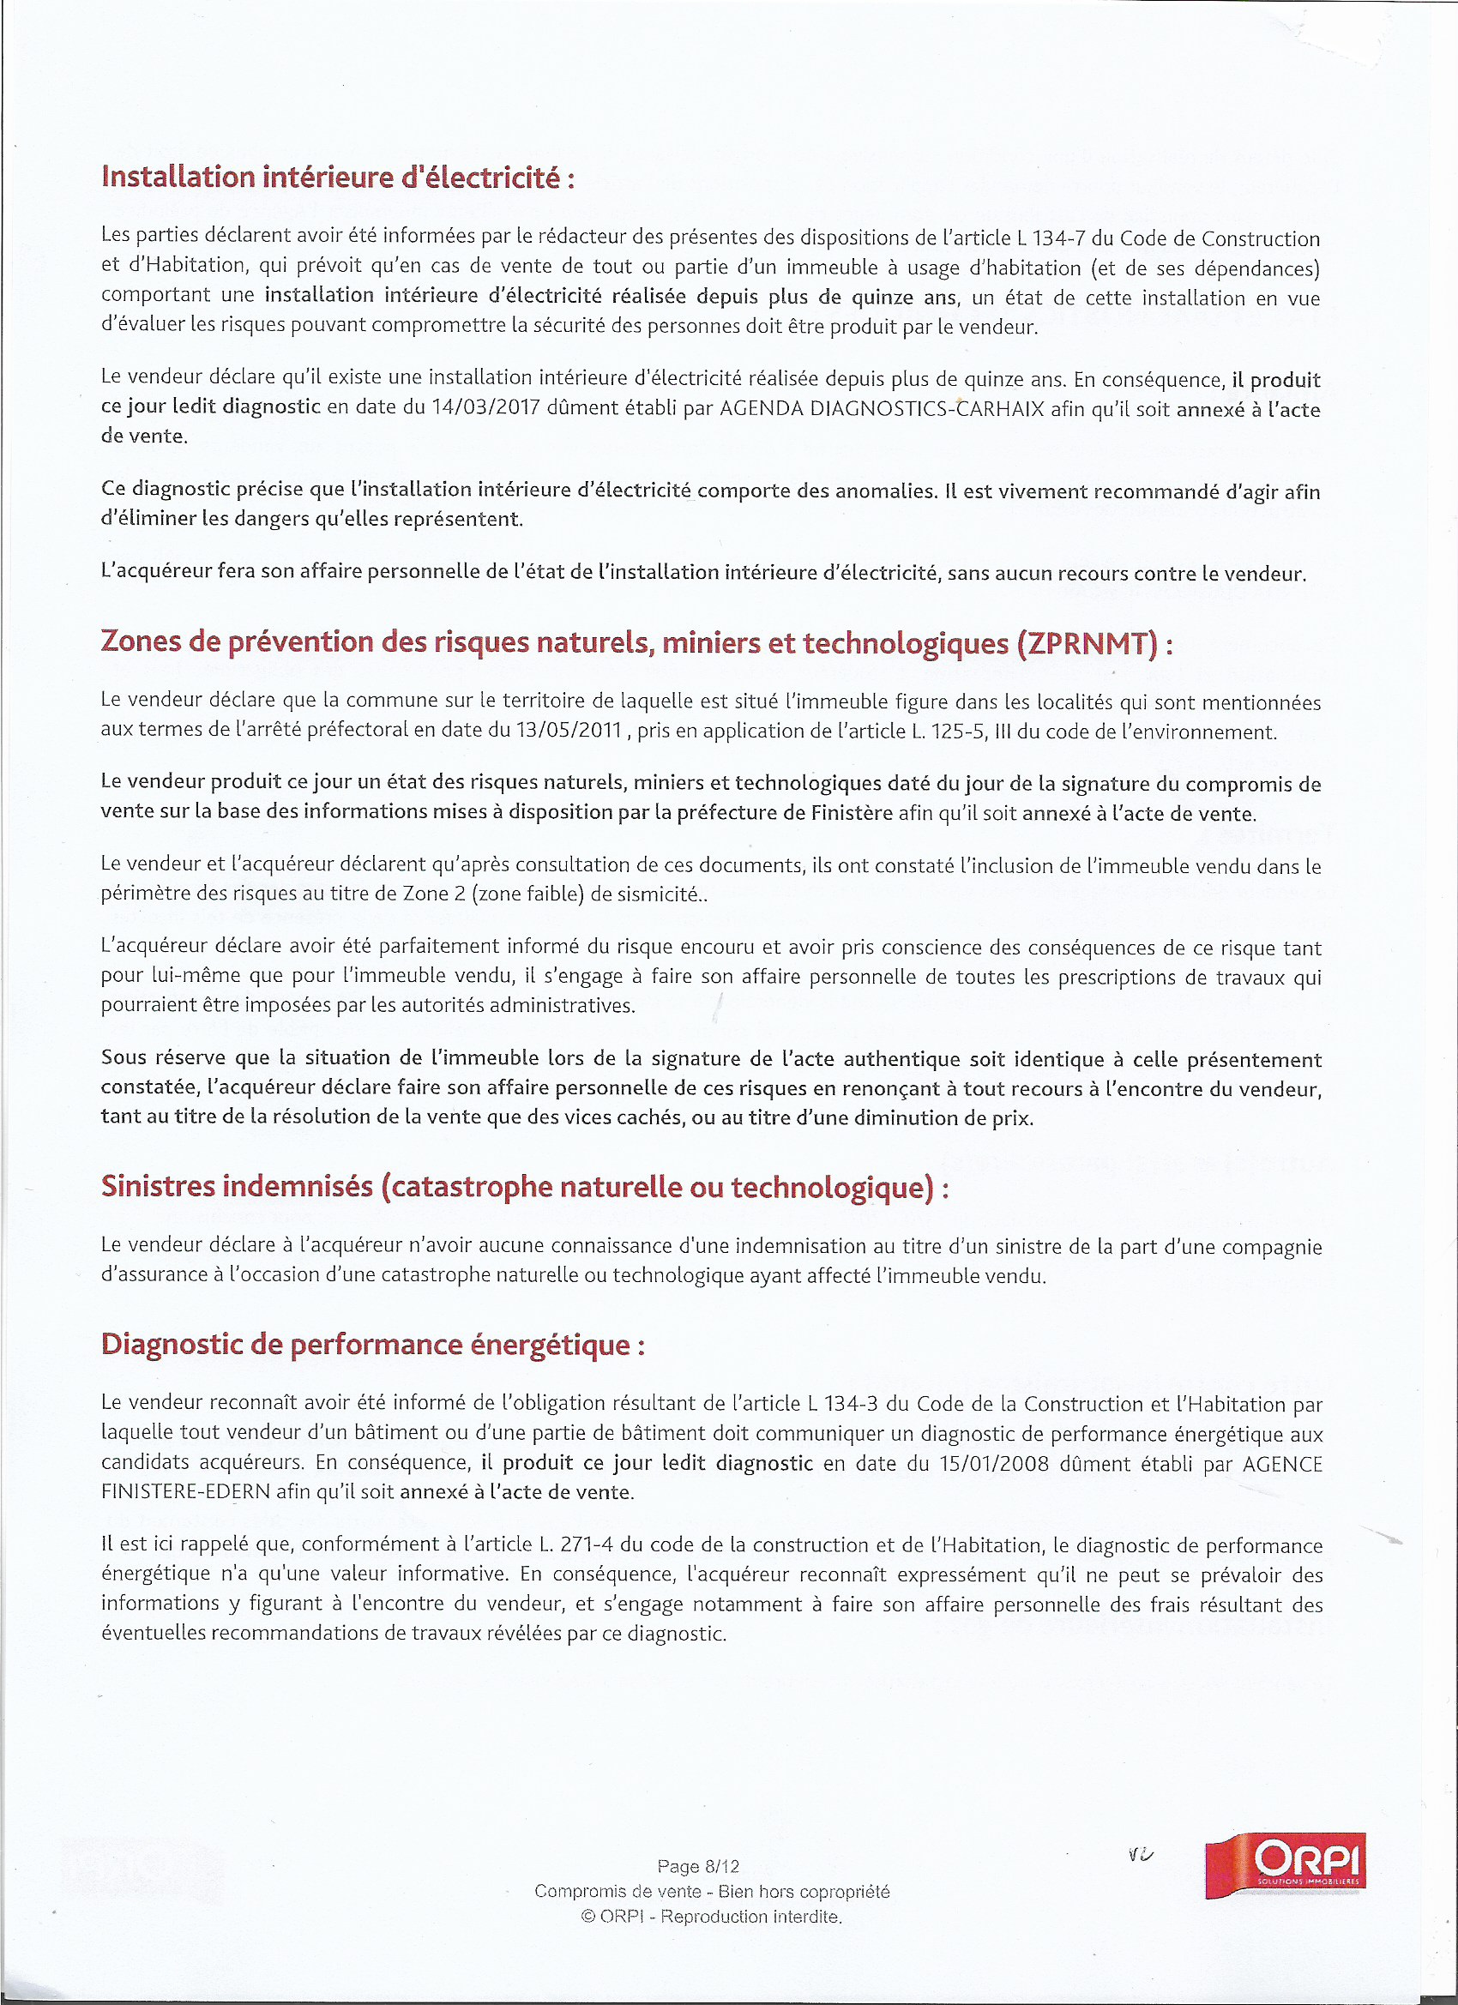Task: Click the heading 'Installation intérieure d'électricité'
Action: (x=338, y=178)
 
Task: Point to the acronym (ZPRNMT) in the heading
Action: (x=1087, y=642)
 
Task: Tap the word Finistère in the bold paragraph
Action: (x=852, y=812)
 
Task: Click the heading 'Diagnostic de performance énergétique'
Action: (x=372, y=1345)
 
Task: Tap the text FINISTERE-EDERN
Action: (x=185, y=1492)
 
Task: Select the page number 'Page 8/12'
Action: (x=698, y=1866)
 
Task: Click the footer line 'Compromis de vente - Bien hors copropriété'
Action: (x=712, y=1891)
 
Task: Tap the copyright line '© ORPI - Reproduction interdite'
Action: (x=712, y=1917)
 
